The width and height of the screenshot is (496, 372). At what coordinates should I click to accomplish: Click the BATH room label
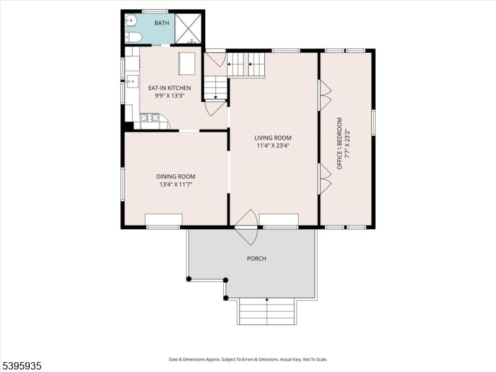click(x=161, y=23)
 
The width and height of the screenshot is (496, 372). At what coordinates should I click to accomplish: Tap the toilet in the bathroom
click(x=134, y=38)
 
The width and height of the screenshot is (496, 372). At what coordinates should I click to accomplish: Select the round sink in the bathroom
click(x=131, y=21)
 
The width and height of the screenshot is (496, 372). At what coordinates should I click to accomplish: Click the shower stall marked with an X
click(x=188, y=29)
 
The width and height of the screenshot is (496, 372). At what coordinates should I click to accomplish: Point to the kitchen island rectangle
click(x=187, y=63)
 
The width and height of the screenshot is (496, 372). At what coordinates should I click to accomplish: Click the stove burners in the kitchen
click(x=149, y=117)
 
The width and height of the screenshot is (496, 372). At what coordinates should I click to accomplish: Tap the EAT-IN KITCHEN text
click(x=169, y=88)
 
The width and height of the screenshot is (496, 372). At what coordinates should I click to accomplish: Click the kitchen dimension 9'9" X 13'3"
click(x=169, y=96)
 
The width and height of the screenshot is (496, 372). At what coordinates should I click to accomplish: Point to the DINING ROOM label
click(x=175, y=177)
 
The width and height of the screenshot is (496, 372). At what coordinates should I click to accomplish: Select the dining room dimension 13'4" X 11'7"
click(x=175, y=185)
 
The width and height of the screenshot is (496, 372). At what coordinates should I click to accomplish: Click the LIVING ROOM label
click(x=273, y=138)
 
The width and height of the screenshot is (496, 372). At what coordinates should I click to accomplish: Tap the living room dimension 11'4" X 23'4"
click(x=273, y=146)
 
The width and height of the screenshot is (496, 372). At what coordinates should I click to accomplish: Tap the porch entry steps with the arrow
click(x=267, y=311)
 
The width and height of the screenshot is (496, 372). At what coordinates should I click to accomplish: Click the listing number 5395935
click(x=22, y=366)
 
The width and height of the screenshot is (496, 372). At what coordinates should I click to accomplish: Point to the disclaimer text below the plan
click(x=248, y=359)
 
